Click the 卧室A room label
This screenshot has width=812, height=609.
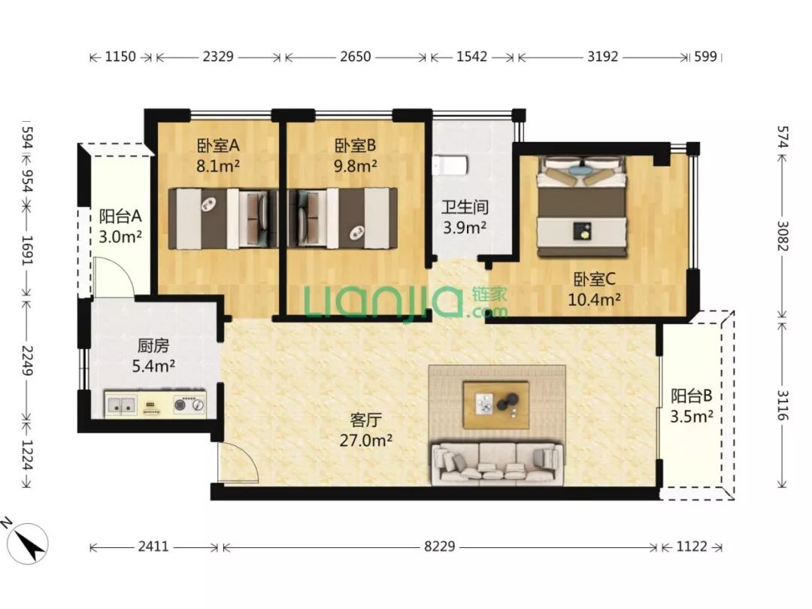click(218, 146)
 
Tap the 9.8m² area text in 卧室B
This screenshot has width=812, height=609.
click(355, 166)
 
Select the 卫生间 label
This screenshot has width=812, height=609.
click(465, 208)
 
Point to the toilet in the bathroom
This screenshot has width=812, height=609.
click(450, 165)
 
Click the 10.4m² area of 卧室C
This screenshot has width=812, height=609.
click(594, 299)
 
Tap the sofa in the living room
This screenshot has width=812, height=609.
click(497, 463)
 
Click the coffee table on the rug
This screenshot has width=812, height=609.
click(496, 405)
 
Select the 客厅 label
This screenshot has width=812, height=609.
click(365, 419)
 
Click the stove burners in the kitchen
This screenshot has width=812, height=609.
click(189, 404)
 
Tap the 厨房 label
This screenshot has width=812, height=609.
click(153, 345)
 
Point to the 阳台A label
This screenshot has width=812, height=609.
click(120, 216)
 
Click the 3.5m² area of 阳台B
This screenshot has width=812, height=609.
click(692, 417)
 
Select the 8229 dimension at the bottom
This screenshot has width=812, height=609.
click(439, 547)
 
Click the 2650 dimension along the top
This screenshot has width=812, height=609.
click(355, 56)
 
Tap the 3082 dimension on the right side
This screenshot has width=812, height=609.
click(783, 236)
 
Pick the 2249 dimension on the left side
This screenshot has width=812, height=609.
click(27, 361)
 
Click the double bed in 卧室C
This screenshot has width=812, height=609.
click(582, 207)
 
